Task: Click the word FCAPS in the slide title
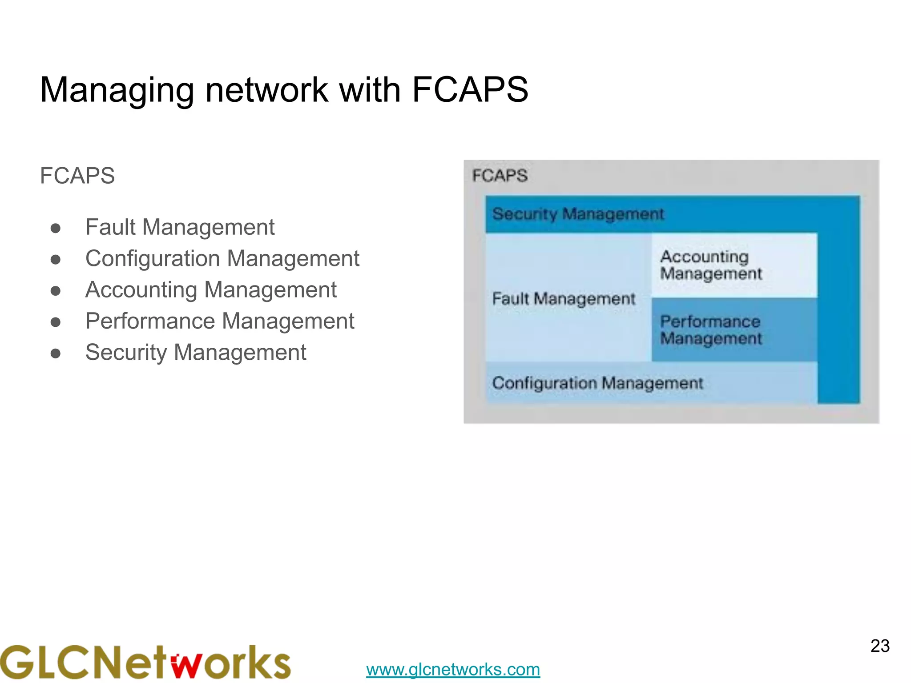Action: [470, 89]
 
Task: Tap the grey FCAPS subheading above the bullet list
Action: [77, 176]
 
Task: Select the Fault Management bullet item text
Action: [180, 227]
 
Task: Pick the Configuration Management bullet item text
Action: [222, 259]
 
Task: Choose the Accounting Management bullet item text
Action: [211, 290]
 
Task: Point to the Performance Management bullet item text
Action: [220, 321]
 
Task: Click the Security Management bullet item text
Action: [196, 353]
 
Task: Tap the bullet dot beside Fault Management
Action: [56, 229]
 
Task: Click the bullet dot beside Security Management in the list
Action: [56, 354]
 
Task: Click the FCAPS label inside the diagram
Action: [500, 176]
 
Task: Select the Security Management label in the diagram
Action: [578, 214]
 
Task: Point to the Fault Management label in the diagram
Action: [563, 298]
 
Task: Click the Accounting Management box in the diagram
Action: [734, 265]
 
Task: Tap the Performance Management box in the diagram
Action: [734, 330]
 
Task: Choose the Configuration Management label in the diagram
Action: [597, 383]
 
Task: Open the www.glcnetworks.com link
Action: [453, 669]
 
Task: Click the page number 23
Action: [879, 646]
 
